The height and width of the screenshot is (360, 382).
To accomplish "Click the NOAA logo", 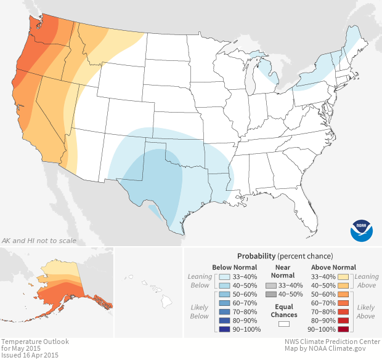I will [x=362, y=230].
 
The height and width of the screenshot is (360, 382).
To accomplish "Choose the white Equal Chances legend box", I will [x=284, y=323].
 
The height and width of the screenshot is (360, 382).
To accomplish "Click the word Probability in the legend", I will [x=256, y=255].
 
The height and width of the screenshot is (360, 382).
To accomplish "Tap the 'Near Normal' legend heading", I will [x=284, y=271].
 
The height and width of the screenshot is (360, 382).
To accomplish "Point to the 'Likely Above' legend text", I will [x=366, y=311].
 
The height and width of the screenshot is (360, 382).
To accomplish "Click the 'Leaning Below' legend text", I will [x=200, y=281].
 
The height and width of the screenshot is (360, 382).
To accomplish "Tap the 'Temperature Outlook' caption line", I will [x=35, y=341].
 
